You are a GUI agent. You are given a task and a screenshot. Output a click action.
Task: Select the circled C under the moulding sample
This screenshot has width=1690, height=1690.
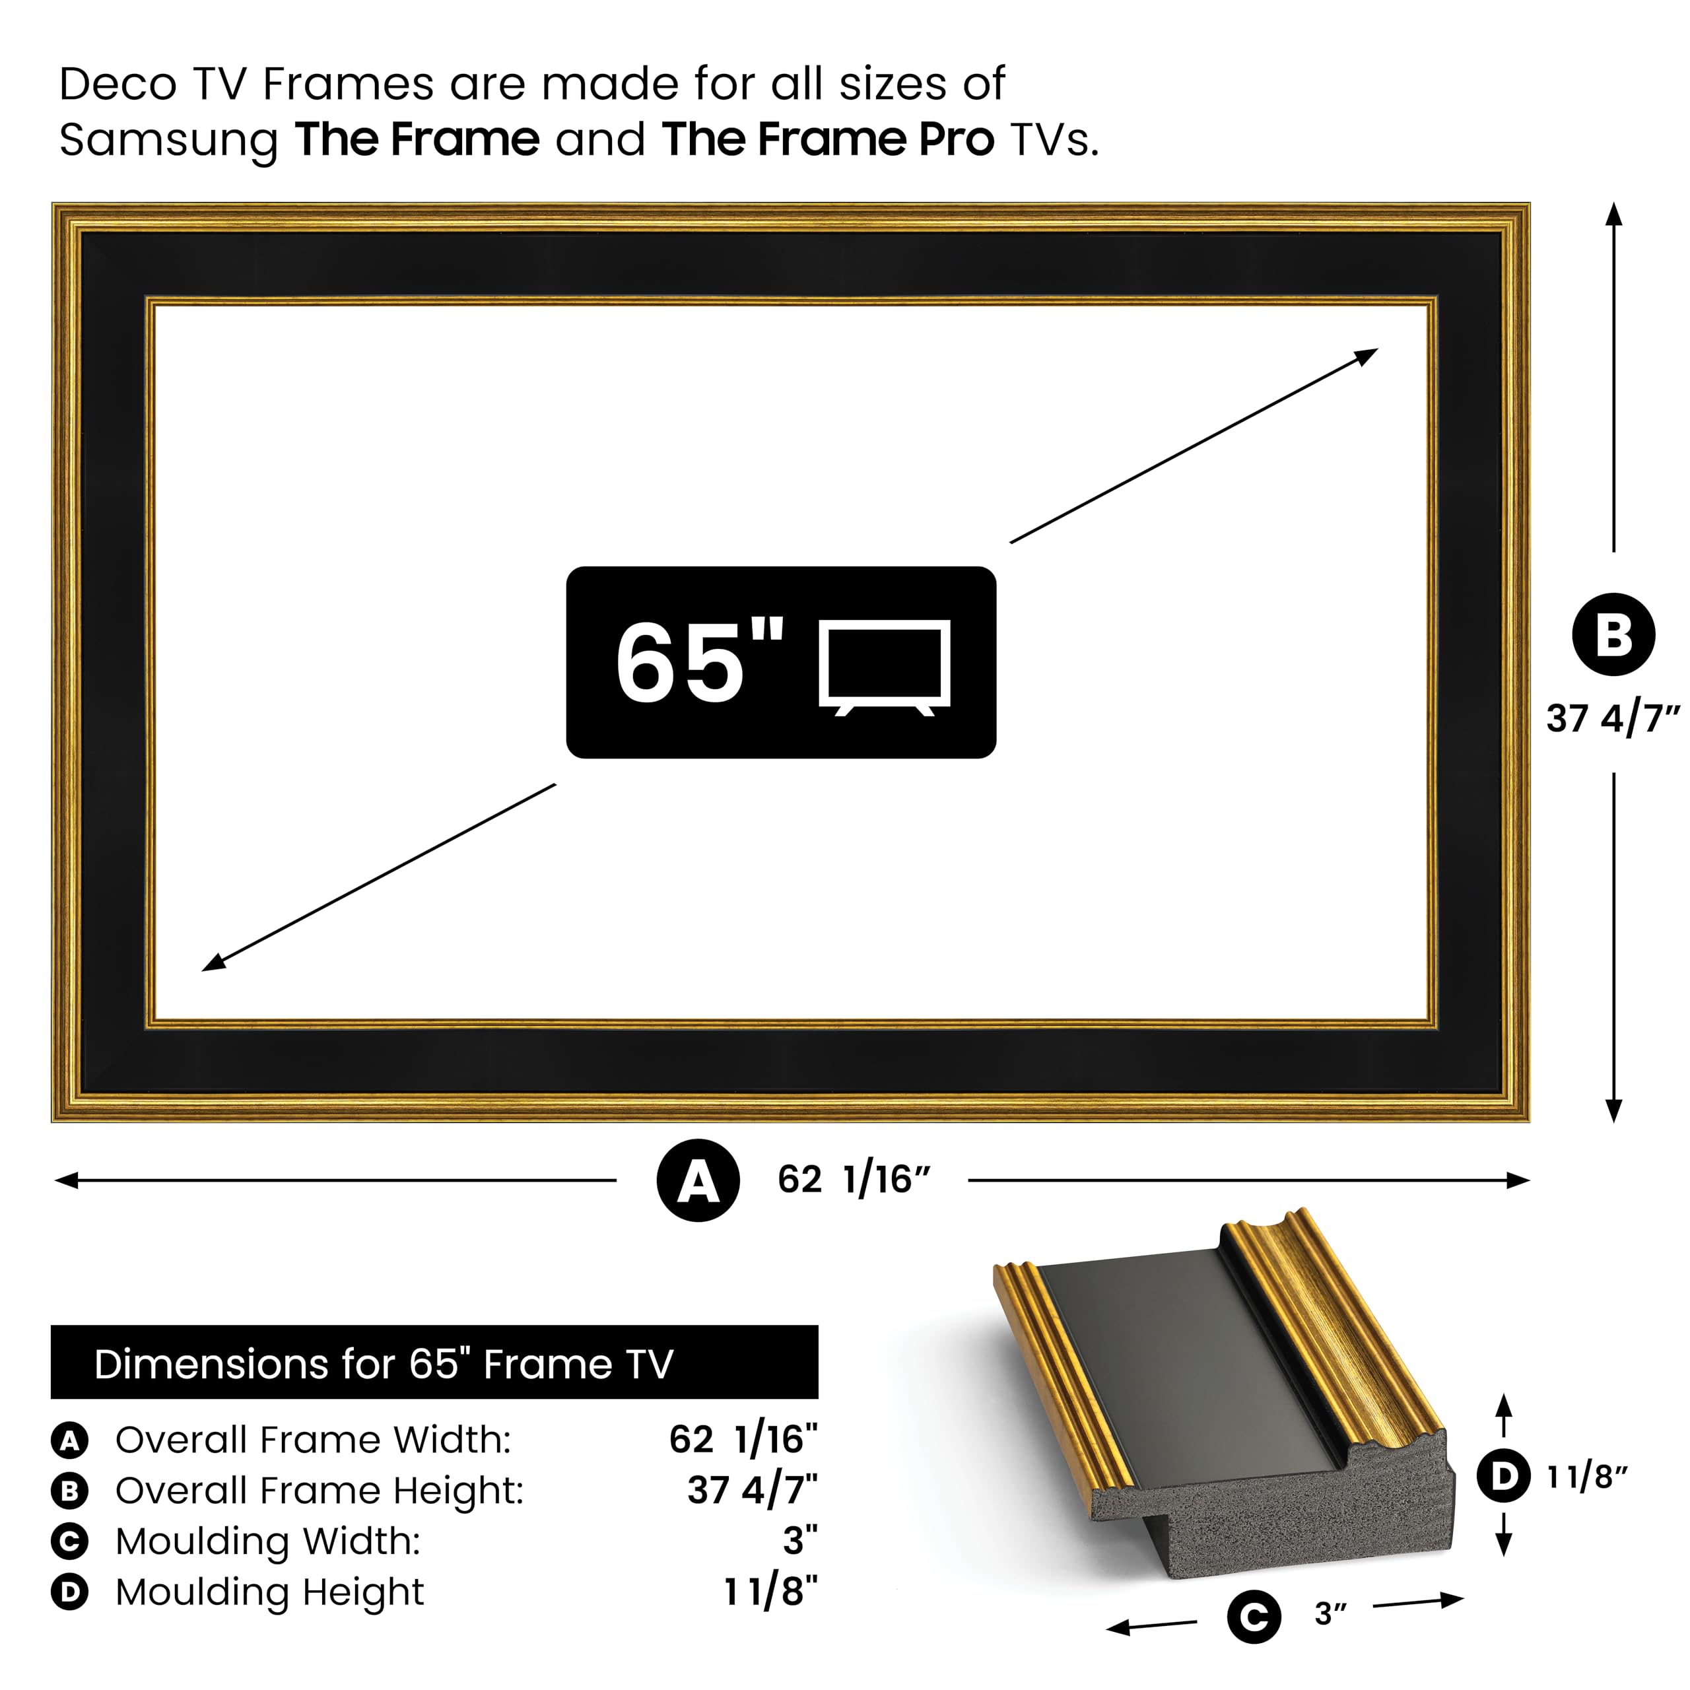tap(1254, 1617)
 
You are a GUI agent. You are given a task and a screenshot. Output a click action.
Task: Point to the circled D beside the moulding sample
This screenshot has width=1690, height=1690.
tap(1504, 1477)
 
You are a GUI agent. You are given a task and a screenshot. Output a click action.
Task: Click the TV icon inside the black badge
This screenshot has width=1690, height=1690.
tap(885, 667)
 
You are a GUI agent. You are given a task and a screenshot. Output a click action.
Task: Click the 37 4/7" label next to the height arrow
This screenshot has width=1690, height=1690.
tap(1613, 718)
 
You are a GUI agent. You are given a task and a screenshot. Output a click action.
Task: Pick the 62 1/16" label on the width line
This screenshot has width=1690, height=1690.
tap(854, 1180)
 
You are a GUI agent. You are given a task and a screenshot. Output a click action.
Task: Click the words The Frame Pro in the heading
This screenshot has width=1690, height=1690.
tap(827, 139)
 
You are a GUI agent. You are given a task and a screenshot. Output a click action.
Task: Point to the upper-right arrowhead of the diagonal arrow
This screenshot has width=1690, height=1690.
tap(1368, 355)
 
